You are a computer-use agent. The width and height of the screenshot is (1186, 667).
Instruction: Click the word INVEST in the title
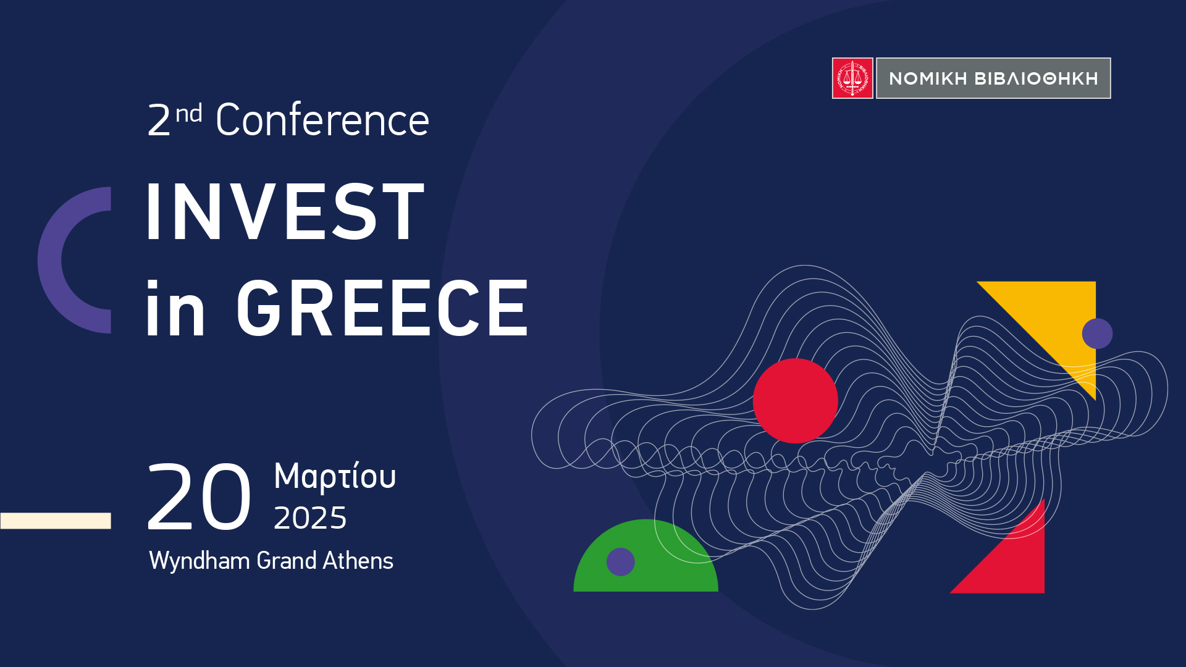285,211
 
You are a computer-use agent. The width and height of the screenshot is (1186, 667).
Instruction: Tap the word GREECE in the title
382,308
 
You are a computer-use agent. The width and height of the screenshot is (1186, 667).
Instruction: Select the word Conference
322,120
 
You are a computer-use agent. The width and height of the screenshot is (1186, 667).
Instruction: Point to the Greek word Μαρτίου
335,477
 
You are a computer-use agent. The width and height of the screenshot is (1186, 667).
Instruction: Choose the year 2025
310,518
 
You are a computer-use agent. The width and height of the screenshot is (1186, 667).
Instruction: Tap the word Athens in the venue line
358,560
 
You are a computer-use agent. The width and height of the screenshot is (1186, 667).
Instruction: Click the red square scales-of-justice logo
852,78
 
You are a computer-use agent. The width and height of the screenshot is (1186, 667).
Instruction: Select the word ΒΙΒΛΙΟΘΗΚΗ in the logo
1036,78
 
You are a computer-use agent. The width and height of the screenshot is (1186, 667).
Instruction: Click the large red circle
795,401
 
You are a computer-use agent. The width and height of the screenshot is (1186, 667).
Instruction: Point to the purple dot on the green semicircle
621,562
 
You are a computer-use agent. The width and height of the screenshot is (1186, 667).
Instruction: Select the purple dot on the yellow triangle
1097,333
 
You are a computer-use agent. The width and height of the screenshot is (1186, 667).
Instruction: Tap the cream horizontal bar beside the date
56,521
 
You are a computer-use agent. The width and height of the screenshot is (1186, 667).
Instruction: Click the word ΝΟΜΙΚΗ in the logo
928,78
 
